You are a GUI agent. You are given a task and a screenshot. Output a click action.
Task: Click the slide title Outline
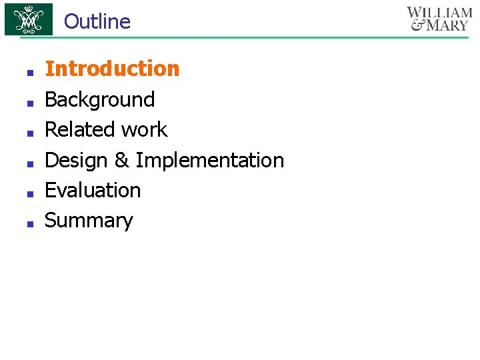(x=97, y=21)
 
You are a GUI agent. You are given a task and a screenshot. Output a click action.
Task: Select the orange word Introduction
(x=112, y=69)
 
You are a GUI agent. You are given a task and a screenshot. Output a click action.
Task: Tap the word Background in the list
(x=99, y=99)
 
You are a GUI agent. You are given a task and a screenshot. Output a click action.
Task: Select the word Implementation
(x=209, y=160)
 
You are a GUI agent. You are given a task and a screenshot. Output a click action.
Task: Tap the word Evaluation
(x=93, y=190)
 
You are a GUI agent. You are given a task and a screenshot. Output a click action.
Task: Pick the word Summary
(x=89, y=221)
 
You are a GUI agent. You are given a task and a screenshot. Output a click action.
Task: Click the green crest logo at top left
(x=28, y=19)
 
